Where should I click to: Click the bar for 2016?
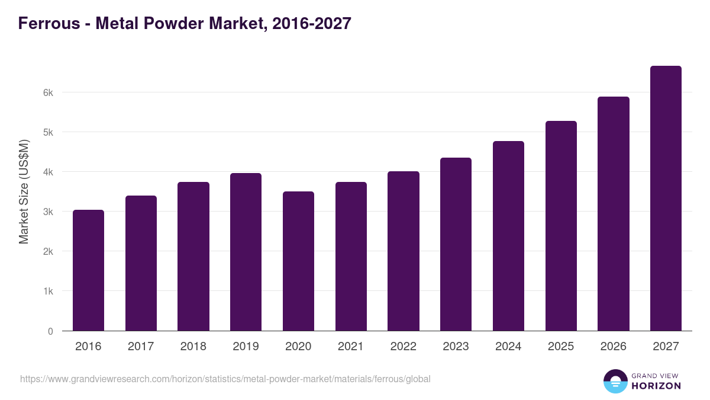coord(88,270)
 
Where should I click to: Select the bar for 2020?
coord(298,261)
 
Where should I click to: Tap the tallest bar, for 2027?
coord(666,199)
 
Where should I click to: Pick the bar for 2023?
coord(456,244)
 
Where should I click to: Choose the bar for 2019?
coord(246,252)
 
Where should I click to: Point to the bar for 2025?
coord(561,226)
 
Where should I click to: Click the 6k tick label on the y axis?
coord(47,92)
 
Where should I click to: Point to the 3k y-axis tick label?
coord(47,212)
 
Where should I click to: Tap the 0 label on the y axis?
coord(50,331)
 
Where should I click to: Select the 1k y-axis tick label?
coord(47,292)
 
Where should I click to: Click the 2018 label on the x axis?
coord(193,347)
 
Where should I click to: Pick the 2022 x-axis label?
coord(403,347)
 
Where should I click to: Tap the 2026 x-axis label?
coord(613,347)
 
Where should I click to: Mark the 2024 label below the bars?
coord(508,347)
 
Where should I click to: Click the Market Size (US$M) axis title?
coord(24,191)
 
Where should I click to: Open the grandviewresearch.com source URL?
coord(225,379)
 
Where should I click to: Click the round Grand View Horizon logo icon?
coord(615,382)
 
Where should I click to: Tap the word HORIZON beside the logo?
coord(656,386)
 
